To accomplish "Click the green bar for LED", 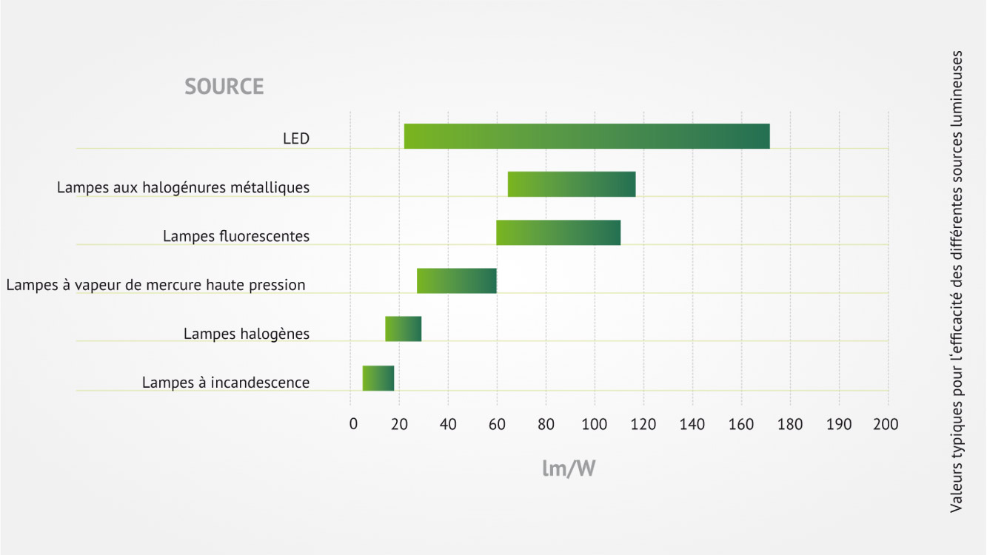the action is (x=587, y=136).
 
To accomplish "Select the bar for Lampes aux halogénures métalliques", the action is (x=572, y=184).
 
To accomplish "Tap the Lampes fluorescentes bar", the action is (x=558, y=232).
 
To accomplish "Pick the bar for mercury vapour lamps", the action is (x=457, y=280).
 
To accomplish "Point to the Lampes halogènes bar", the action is (x=404, y=329).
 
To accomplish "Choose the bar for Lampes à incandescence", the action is (x=378, y=378).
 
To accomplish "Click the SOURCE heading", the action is (x=224, y=87).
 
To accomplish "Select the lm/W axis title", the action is (x=569, y=468).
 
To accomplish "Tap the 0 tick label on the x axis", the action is (x=353, y=424).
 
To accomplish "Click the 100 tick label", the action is (x=594, y=424).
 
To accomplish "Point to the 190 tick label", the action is (x=838, y=424).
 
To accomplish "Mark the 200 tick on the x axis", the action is (x=886, y=424).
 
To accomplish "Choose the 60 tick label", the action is (x=497, y=424).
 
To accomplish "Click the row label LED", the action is (x=296, y=139).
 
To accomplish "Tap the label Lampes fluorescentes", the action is (x=236, y=236).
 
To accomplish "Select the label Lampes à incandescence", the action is (x=226, y=383).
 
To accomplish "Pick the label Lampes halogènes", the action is (x=247, y=334).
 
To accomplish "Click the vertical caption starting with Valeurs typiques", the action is (x=956, y=282).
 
